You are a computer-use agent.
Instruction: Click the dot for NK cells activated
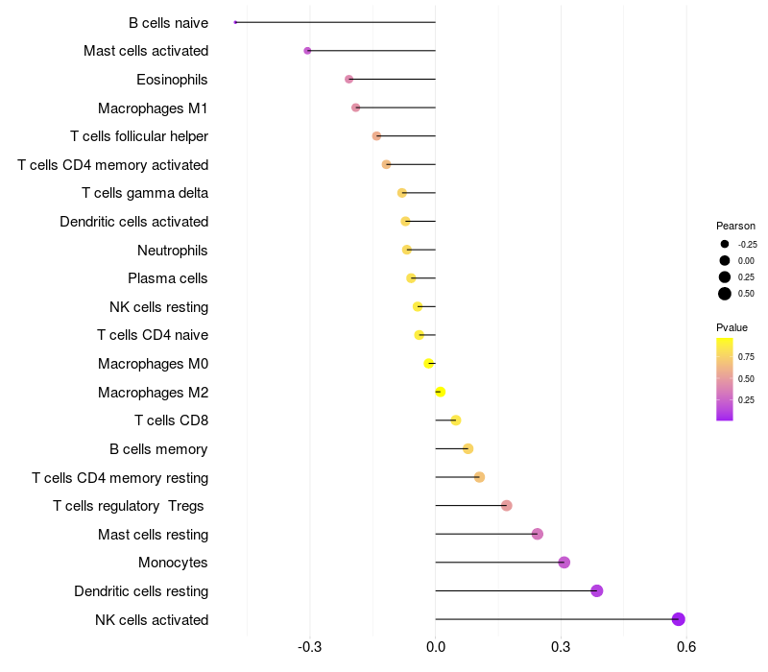[679, 619]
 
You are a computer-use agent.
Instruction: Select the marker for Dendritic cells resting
[597, 590]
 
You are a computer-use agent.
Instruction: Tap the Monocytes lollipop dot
[564, 563]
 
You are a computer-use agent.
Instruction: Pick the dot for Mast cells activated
[307, 51]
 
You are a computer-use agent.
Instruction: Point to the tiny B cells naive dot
[235, 22]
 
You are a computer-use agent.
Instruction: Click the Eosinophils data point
[348, 79]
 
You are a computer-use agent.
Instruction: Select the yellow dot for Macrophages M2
[440, 392]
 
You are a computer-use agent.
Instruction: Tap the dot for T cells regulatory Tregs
[507, 506]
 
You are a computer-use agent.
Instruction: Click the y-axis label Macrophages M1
[153, 108]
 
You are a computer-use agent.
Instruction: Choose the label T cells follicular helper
[139, 136]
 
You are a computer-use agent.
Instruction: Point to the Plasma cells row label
[167, 278]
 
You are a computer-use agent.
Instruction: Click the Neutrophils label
[173, 251]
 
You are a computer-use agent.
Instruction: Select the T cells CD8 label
[171, 420]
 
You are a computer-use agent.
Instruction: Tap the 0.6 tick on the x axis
[685, 647]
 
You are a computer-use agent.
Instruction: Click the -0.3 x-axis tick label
[310, 647]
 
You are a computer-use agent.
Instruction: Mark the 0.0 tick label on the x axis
[436, 647]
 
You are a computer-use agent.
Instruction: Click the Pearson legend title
[735, 226]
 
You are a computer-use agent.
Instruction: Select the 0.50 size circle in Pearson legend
[725, 294]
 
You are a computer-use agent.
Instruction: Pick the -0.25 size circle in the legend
[725, 244]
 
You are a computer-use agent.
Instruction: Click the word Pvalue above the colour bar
[732, 327]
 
